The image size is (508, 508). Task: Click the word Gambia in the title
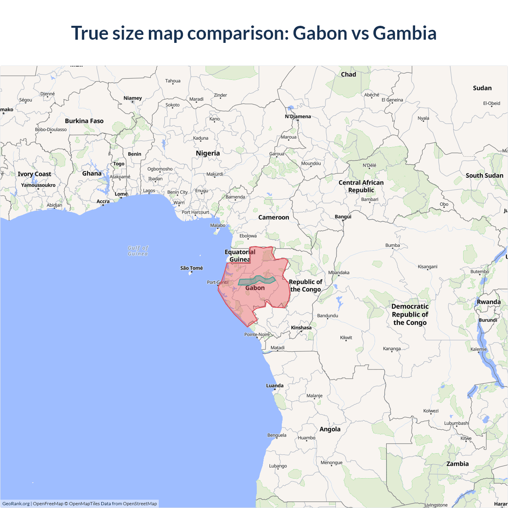(404, 33)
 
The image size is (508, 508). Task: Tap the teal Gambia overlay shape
(256, 280)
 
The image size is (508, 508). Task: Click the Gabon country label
(255, 288)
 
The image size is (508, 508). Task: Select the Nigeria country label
(208, 153)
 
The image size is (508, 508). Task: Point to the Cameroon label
(273, 217)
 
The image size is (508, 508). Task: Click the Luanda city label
(275, 385)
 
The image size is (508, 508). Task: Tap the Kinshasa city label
(301, 328)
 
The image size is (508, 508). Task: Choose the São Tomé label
(191, 268)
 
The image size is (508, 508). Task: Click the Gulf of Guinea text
(138, 251)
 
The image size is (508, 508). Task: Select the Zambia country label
(457, 464)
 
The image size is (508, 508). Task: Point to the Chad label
(348, 75)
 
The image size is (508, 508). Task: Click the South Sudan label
(484, 175)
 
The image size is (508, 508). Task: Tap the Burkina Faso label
(84, 121)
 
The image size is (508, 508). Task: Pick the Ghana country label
(92, 173)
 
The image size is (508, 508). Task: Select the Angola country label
(330, 429)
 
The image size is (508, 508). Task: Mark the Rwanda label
(489, 302)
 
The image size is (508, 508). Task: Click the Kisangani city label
(427, 267)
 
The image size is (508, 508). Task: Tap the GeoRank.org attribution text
(16, 504)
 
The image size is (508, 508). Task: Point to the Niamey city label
(133, 98)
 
